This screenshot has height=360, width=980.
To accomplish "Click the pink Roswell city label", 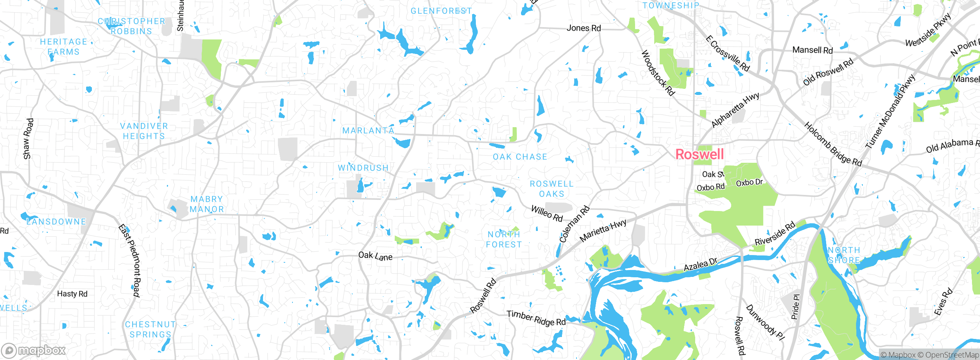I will pyautogui.click(x=699, y=154).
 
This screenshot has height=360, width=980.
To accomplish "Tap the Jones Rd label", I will pyautogui.click(x=583, y=28).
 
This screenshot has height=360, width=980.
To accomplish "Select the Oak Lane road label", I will pyautogui.click(x=375, y=256).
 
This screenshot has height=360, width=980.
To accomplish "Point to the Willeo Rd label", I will pyautogui.click(x=547, y=213).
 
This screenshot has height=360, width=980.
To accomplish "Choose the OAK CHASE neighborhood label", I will pyautogui.click(x=520, y=157).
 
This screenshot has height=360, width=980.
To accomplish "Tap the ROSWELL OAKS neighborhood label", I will pyautogui.click(x=552, y=189).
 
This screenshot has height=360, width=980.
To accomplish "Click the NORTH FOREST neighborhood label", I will pyautogui.click(x=504, y=239).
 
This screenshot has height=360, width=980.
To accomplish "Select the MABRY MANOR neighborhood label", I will pyautogui.click(x=207, y=204).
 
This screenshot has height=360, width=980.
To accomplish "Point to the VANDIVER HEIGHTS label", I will pyautogui.click(x=144, y=131).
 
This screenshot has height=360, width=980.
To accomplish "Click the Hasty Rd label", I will pyautogui.click(x=72, y=294).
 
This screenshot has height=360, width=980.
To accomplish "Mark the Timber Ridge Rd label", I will pyautogui.click(x=536, y=318).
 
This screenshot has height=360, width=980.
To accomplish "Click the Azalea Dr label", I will pyautogui.click(x=700, y=265).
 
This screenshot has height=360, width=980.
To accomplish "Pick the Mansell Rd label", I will pyautogui.click(x=812, y=50).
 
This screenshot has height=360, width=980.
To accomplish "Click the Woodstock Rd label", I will pyautogui.click(x=657, y=73).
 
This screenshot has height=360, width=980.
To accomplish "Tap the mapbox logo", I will pyautogui.click(x=34, y=350).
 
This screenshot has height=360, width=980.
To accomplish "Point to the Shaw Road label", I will pyautogui.click(x=28, y=139).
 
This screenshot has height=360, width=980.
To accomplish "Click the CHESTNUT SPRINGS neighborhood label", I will pyautogui.click(x=150, y=329).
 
